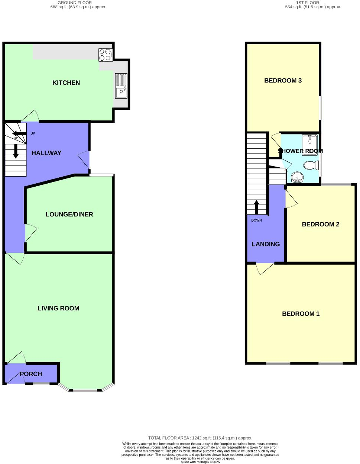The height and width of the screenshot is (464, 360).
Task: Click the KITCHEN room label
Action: pos(66,83)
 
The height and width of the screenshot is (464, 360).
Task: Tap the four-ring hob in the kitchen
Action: pos(105,55)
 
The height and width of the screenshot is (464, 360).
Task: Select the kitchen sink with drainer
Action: pos(121,86)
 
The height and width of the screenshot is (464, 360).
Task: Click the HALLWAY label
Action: pos(46,153)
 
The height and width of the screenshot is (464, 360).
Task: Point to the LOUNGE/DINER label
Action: pos(69,214)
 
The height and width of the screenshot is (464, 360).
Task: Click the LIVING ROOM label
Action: pos(58,308)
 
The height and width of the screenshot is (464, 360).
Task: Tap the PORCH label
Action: pos(31,374)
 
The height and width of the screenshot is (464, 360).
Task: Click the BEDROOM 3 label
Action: pos(283,80)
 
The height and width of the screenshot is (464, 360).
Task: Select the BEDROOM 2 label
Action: pos(321,224)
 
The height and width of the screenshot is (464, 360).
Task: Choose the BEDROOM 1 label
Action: pos(301,314)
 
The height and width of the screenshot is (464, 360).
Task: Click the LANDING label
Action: pos(266,244)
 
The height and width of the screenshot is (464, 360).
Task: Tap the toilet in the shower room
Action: pos(311,165)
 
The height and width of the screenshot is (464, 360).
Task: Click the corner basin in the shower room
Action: pos(297,177)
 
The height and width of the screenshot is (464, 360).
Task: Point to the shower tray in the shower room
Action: pos(310,144)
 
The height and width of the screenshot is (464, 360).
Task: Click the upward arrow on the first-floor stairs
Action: pos(256,207)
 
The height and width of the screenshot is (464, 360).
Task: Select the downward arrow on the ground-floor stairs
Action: pos(16,150)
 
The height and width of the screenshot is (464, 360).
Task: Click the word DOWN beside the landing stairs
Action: pos(256,220)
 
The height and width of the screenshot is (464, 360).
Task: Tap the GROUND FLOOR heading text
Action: pos(75,3)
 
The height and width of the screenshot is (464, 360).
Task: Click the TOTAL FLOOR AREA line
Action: pos(200,438)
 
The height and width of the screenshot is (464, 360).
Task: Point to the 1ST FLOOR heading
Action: pos(307,3)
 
